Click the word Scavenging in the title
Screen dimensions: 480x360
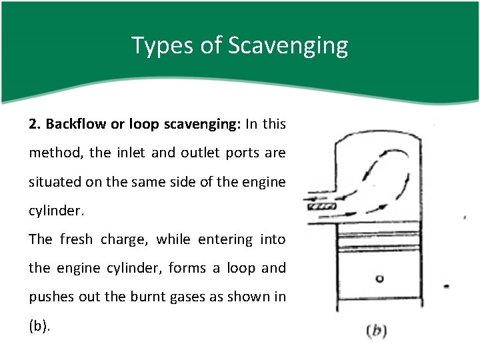click(x=288, y=46)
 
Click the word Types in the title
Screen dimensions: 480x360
click(x=162, y=46)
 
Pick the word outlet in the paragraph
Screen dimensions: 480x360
click(x=200, y=153)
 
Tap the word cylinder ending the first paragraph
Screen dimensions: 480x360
click(x=56, y=211)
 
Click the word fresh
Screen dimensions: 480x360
click(x=76, y=239)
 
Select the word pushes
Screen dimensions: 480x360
click(x=51, y=297)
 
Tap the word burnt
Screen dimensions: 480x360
click(x=148, y=296)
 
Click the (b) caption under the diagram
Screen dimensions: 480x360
click(x=377, y=331)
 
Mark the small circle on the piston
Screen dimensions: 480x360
click(x=379, y=279)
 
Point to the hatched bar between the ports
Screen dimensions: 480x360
click(x=322, y=206)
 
